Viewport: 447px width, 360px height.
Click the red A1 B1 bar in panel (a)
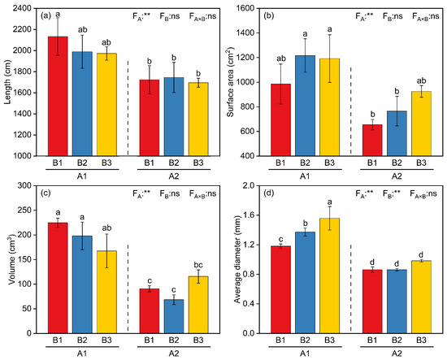click(58, 96)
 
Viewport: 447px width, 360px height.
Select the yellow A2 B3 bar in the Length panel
click(198, 119)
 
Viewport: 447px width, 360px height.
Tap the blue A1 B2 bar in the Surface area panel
click(305, 106)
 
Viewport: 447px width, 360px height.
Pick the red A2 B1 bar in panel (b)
click(372, 141)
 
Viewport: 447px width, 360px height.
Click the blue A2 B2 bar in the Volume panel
click(174, 316)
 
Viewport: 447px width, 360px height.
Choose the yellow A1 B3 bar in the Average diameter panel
click(329, 275)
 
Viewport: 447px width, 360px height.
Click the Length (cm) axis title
click(7, 82)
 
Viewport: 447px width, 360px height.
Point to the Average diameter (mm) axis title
click(238, 259)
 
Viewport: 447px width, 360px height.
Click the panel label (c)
click(46, 193)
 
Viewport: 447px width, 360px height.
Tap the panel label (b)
click(269, 16)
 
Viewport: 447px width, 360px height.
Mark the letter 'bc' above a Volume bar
click(198, 266)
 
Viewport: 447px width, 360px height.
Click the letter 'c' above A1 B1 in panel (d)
click(281, 239)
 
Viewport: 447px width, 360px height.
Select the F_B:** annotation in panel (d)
click(392, 194)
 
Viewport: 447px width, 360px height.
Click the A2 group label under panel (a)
click(174, 176)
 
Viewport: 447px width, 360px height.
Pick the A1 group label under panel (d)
click(305, 354)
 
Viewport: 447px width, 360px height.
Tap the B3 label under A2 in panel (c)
click(198, 340)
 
